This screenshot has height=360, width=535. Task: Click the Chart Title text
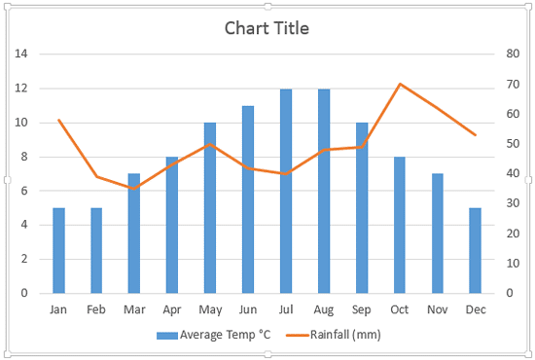tap(267, 28)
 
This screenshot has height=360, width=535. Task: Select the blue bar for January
tap(58, 250)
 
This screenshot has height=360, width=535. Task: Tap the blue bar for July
tap(286, 191)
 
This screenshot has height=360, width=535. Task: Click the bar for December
tap(475, 250)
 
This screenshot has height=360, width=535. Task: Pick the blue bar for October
tap(399, 225)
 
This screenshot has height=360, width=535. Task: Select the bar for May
tap(210, 207)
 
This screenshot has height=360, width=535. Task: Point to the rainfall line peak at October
tap(400, 84)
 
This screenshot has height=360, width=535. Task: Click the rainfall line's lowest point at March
tap(134, 188)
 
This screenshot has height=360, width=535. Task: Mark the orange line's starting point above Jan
tap(58, 120)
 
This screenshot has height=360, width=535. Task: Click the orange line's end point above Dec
tap(475, 134)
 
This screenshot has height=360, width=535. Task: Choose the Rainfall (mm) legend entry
tap(336, 336)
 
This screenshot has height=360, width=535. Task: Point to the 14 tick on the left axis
tap(20, 54)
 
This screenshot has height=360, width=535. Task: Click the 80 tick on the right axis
tap(513, 54)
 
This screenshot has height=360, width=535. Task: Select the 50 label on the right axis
tap(513, 144)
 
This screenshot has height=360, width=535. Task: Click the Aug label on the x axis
tap(324, 309)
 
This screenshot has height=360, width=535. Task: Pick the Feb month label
tap(96, 309)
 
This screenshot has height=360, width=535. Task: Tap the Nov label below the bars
tap(437, 309)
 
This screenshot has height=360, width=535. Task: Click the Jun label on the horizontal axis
tap(248, 309)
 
